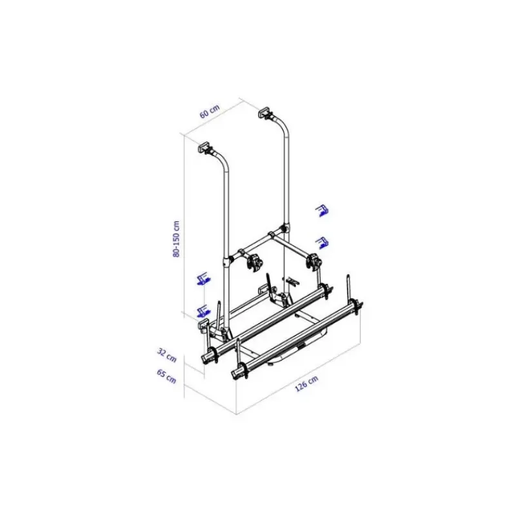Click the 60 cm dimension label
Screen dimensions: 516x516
point(209,111)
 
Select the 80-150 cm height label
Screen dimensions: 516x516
point(176,239)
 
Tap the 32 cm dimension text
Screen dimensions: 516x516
point(167,355)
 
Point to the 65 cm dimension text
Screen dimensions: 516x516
point(166,377)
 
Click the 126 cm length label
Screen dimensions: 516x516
point(306,383)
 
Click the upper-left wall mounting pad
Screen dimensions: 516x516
point(204,146)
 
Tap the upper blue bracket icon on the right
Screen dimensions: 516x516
point(322,211)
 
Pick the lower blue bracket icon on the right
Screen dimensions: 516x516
point(322,243)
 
